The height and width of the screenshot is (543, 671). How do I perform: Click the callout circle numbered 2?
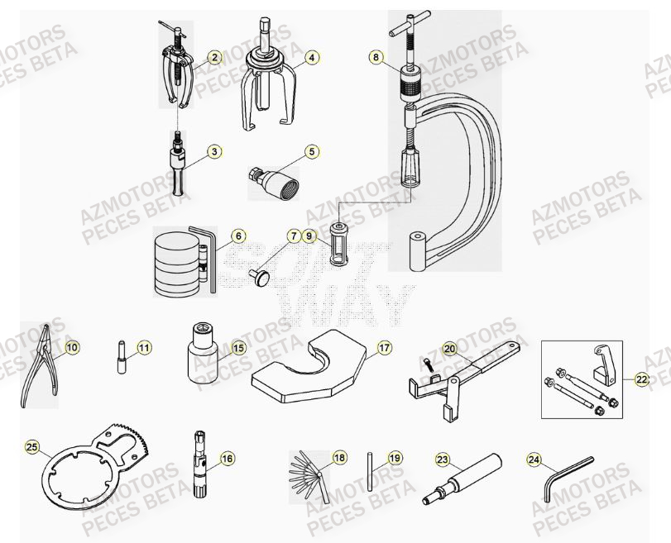214,58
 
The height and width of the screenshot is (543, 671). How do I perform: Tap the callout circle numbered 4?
311,58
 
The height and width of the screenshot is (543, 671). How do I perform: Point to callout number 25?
32,447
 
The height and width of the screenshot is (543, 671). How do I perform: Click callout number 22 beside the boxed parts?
642,379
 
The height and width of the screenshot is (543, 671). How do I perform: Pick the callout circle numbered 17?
384,348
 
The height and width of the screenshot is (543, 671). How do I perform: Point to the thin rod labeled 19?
370,471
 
